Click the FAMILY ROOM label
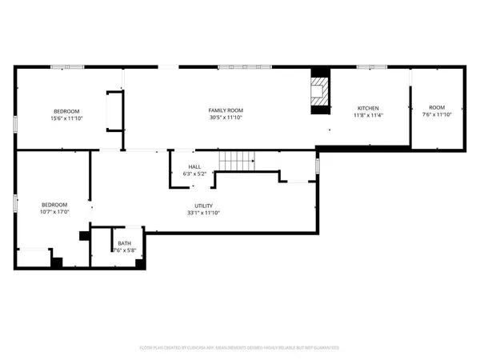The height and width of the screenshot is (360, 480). (x=226, y=110)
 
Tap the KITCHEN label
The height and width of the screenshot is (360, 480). (x=368, y=108)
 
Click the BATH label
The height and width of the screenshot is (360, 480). (x=124, y=243)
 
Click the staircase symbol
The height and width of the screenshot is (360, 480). (x=237, y=160)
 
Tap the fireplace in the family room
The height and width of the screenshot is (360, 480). (x=319, y=90)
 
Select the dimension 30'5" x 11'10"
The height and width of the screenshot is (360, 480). (x=226, y=118)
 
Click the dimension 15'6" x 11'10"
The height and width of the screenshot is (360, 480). (x=66, y=118)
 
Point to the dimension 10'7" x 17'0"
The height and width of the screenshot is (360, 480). (x=54, y=212)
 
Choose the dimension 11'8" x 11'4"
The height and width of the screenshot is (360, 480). (x=368, y=115)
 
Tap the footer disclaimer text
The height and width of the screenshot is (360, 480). (x=240, y=348)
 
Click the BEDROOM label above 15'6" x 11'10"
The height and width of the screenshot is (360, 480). (x=66, y=110)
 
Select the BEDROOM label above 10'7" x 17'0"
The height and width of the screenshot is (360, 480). (x=54, y=205)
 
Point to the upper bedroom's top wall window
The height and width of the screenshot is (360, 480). (x=67, y=66)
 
